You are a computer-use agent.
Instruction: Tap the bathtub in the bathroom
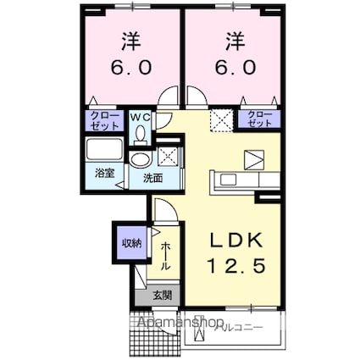click(105, 152)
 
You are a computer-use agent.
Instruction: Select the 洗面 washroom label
click(152, 178)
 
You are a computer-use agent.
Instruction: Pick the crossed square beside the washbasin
click(168, 155)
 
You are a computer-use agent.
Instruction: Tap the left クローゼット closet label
click(102, 119)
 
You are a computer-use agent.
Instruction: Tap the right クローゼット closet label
click(260, 119)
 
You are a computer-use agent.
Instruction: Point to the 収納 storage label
click(130, 244)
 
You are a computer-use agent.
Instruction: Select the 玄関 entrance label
click(161, 296)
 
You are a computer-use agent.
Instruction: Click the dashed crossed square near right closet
click(223, 119)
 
